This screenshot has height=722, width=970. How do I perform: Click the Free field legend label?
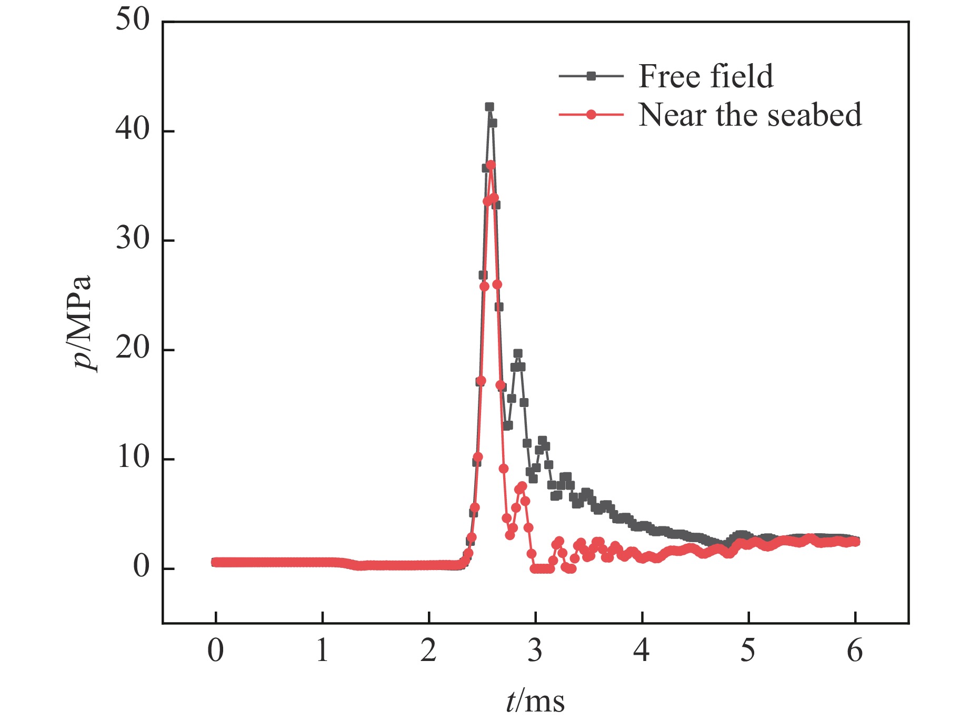(706, 76)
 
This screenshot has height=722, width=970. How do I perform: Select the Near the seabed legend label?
(750, 115)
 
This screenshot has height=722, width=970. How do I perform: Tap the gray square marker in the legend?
(591, 76)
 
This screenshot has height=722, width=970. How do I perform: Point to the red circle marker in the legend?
(591, 115)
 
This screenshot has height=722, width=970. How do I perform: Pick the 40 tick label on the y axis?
(133, 129)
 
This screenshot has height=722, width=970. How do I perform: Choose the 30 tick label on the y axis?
(133, 239)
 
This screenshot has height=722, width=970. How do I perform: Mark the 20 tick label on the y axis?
(133, 348)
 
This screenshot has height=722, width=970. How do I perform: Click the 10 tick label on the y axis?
(133, 457)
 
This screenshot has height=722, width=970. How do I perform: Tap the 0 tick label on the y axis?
(141, 567)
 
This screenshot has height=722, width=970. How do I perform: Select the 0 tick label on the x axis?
(215, 651)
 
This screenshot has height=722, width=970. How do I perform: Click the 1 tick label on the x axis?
(322, 651)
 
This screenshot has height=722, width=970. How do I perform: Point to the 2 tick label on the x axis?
(428, 651)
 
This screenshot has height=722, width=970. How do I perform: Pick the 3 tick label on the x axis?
(535, 651)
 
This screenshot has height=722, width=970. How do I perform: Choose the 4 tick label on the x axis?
(642, 651)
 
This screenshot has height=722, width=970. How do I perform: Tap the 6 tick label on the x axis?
(855, 651)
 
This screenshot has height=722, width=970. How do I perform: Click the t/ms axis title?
(535, 701)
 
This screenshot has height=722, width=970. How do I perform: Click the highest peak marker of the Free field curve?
(489, 107)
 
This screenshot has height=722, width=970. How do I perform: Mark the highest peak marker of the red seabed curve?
(491, 165)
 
